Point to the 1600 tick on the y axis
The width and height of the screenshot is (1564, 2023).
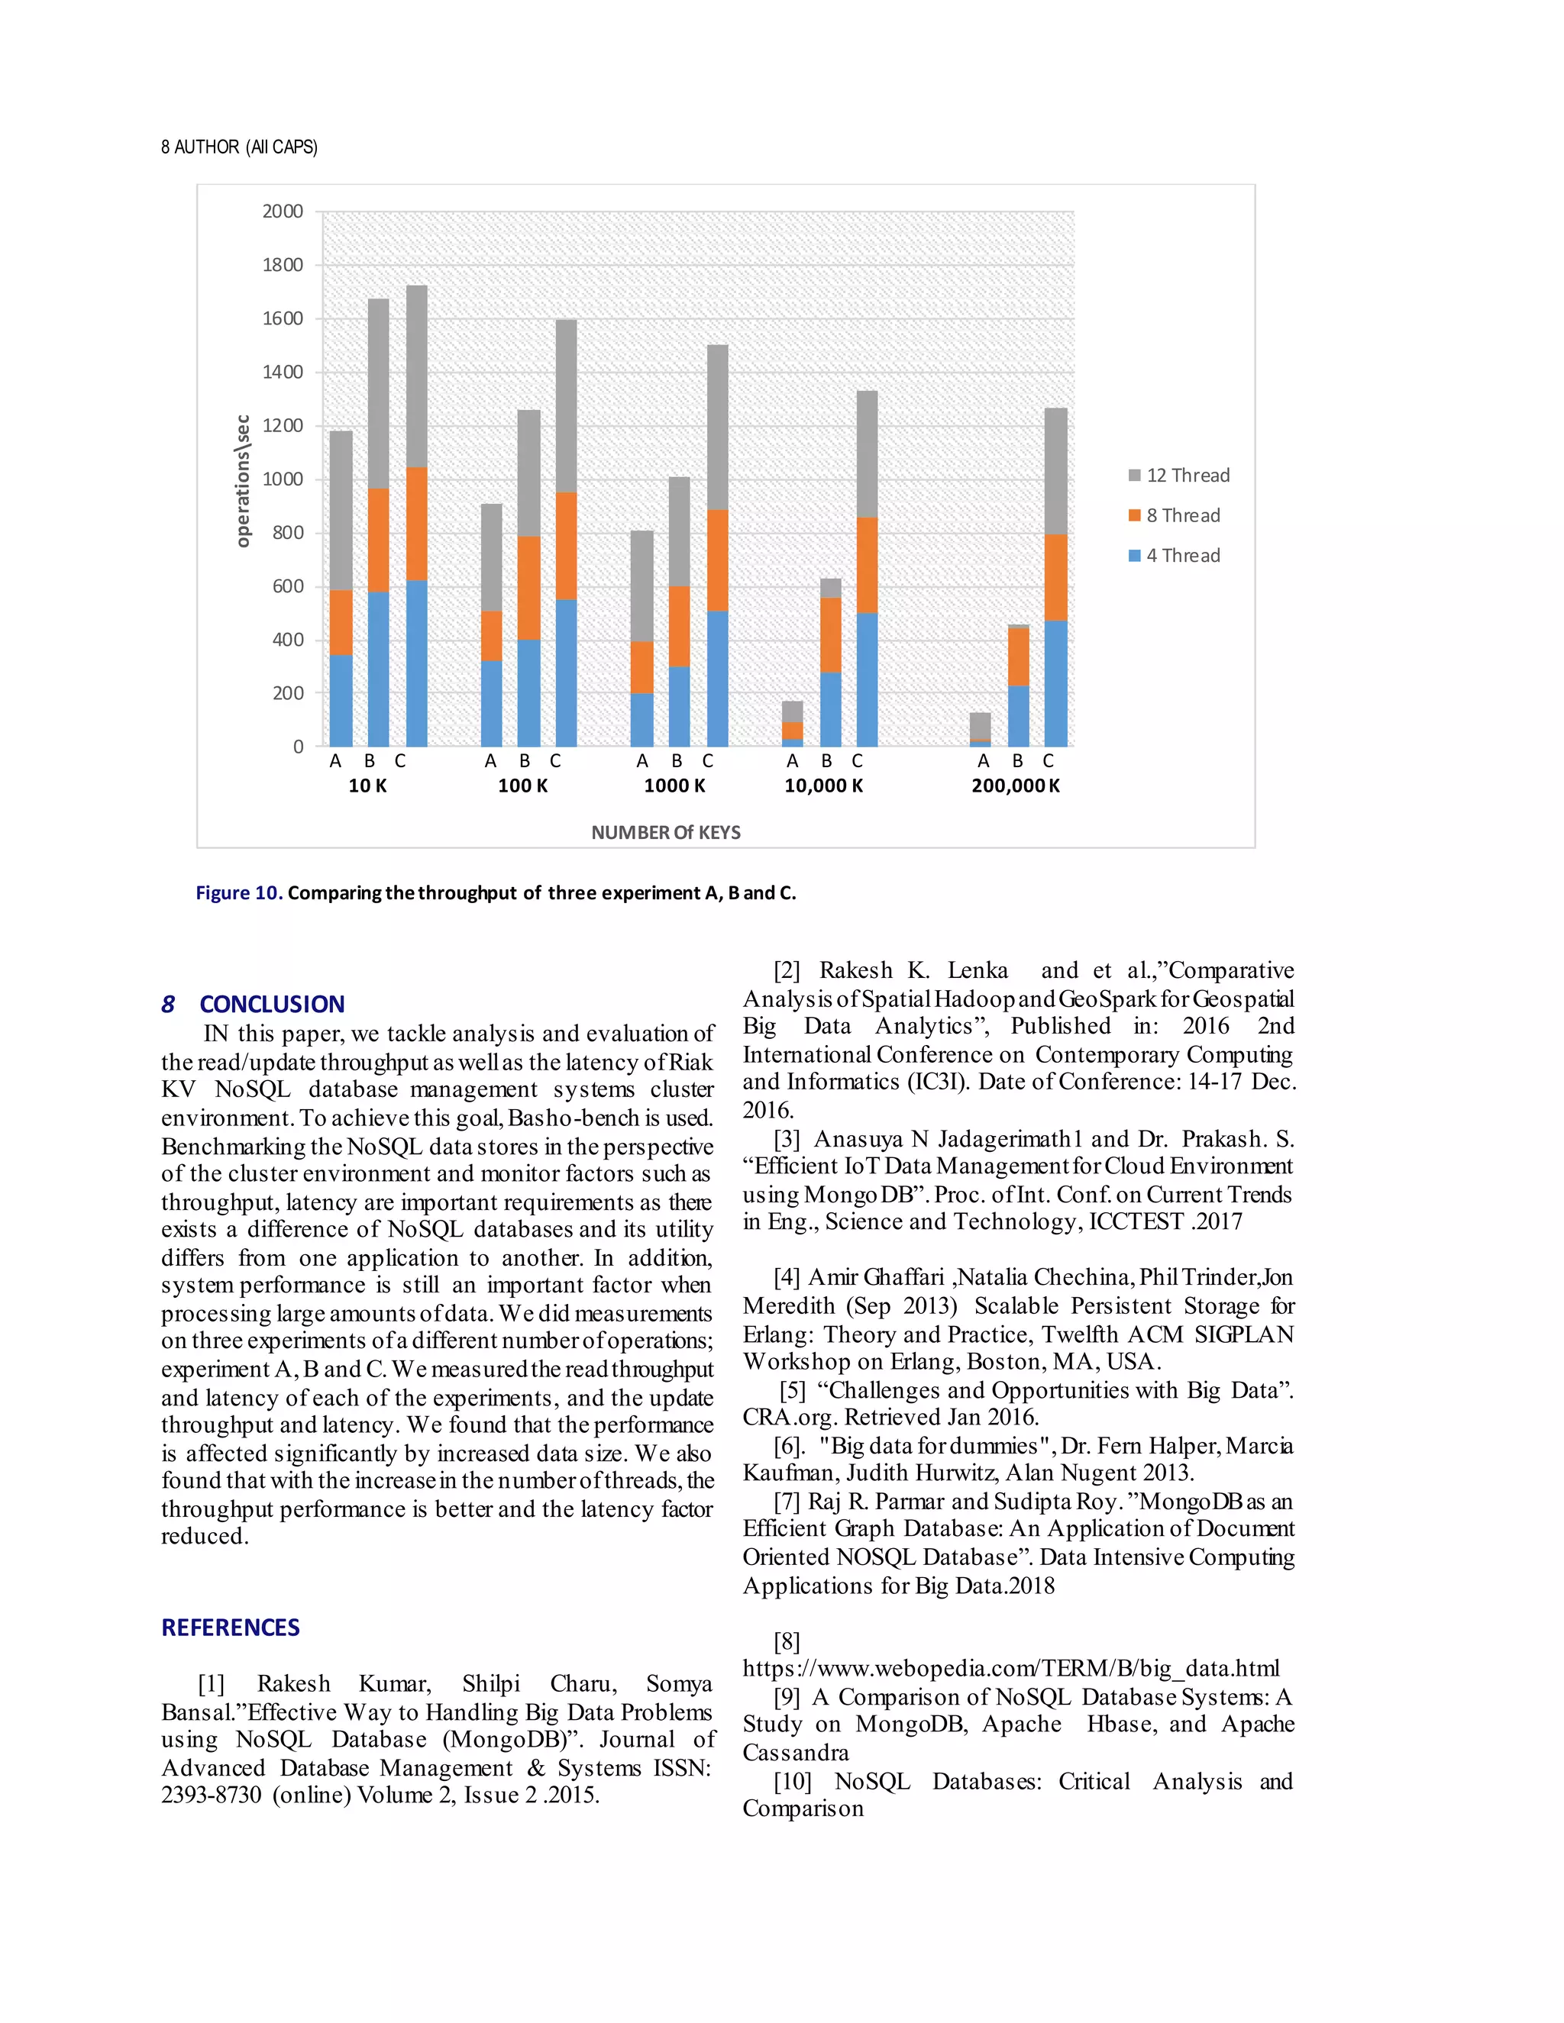[283, 318]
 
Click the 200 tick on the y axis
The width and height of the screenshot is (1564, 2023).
[287, 693]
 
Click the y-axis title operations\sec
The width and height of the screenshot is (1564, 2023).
[243, 481]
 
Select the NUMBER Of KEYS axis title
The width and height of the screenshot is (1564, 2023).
[665, 832]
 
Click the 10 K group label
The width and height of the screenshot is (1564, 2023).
[367, 786]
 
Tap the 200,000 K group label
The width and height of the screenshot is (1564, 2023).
[1016, 786]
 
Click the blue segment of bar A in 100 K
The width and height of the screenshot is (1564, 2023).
[491, 703]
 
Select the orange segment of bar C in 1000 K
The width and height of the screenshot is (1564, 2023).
[717, 560]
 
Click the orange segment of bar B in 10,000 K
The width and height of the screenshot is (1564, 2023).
[830, 634]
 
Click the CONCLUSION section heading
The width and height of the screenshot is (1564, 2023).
[271, 1004]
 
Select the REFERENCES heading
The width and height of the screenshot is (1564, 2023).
[230, 1628]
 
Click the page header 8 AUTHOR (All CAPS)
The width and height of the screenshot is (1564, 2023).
[239, 147]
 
